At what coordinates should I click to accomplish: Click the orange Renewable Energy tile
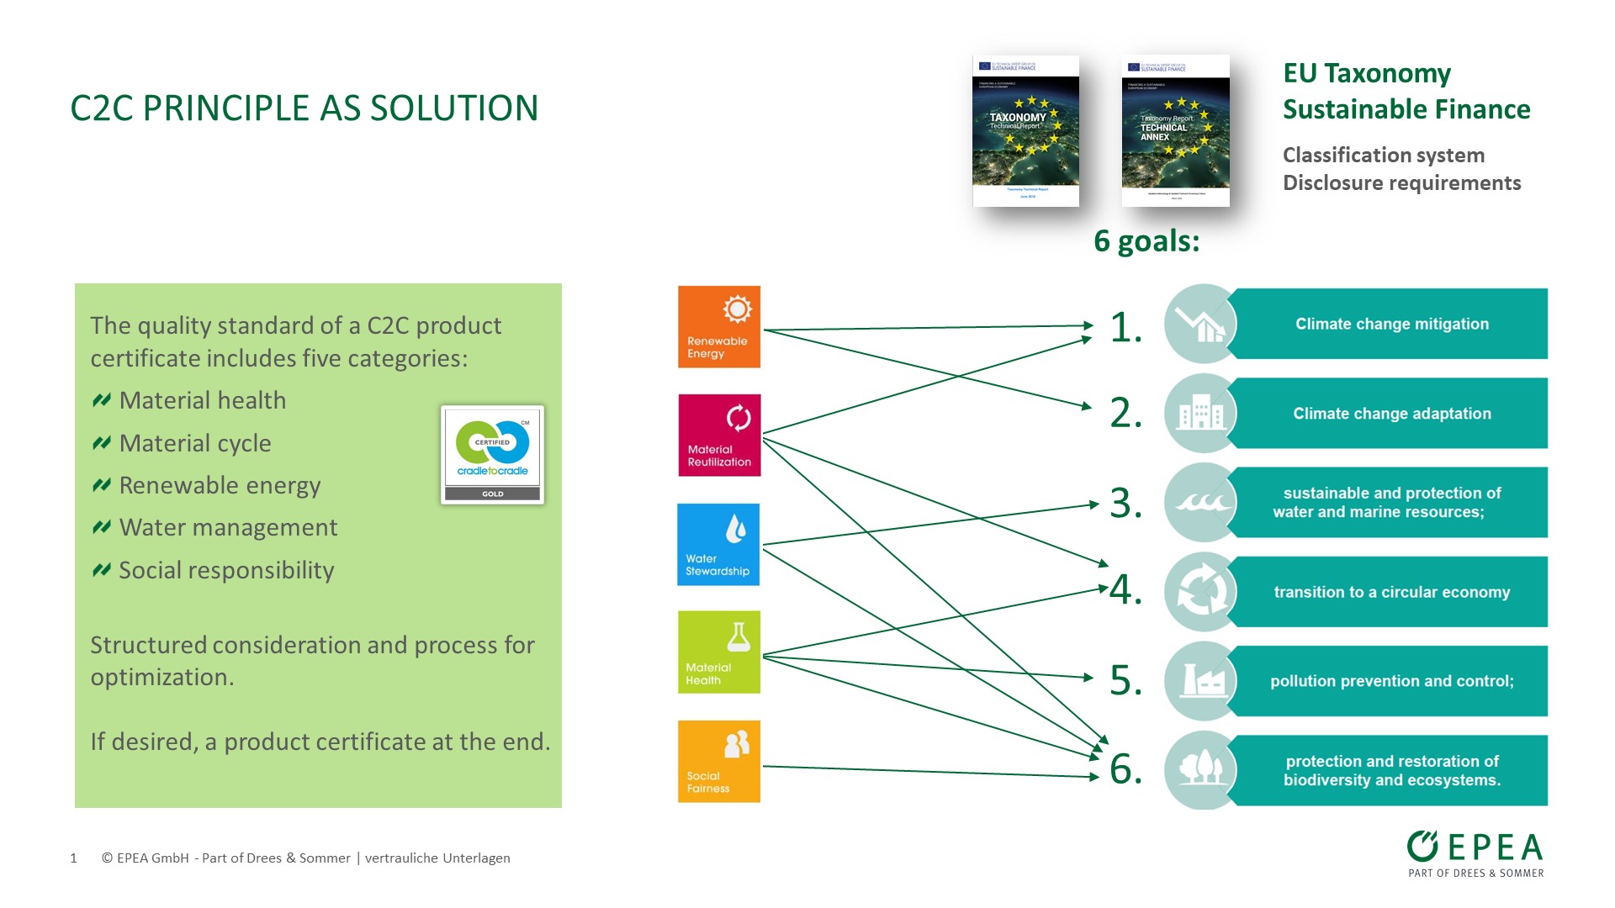(719, 327)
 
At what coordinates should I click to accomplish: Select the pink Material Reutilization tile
(719, 436)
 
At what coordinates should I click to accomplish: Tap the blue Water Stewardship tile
(718, 545)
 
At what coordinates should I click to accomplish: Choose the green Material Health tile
(719, 652)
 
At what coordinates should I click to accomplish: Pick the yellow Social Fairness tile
(719, 762)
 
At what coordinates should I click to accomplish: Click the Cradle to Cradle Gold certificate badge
(492, 455)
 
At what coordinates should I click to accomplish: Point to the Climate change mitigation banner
(1391, 324)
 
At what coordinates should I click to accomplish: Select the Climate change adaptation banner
(1391, 414)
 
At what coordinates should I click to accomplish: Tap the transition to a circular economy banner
(1391, 592)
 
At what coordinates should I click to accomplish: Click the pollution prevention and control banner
(1391, 681)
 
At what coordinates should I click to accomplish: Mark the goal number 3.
(1125, 504)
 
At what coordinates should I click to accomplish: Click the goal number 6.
(1125, 769)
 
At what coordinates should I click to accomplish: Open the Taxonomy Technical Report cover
(1025, 131)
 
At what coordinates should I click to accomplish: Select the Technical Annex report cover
(1175, 131)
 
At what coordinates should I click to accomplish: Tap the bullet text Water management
(228, 527)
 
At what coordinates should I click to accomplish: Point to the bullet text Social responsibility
(226, 570)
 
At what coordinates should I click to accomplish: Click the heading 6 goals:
(1146, 241)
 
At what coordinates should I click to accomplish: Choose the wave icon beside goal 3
(1202, 503)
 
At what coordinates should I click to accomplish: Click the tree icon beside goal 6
(1202, 769)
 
